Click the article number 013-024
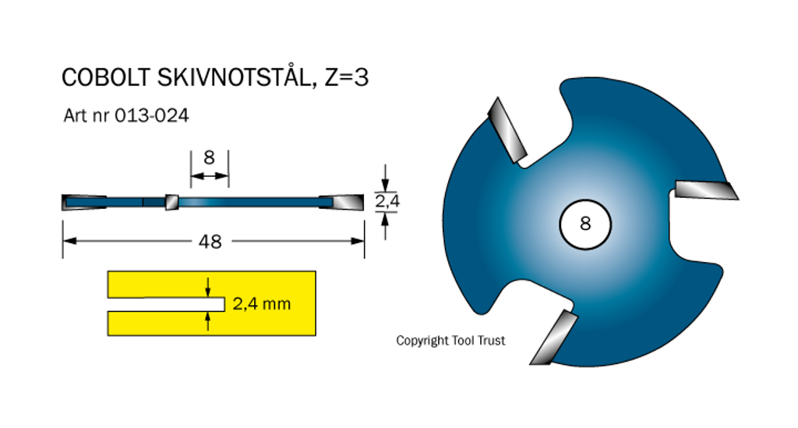[x=152, y=115]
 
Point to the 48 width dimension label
[x=210, y=242]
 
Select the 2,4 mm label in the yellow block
[x=262, y=304]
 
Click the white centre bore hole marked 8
[x=585, y=224]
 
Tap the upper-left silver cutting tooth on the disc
[x=507, y=129]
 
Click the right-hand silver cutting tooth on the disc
[x=705, y=189]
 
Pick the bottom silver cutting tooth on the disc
[x=554, y=337]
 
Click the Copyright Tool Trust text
[x=450, y=341]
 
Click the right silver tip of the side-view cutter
[x=343, y=202]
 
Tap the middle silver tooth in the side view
[x=171, y=202]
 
